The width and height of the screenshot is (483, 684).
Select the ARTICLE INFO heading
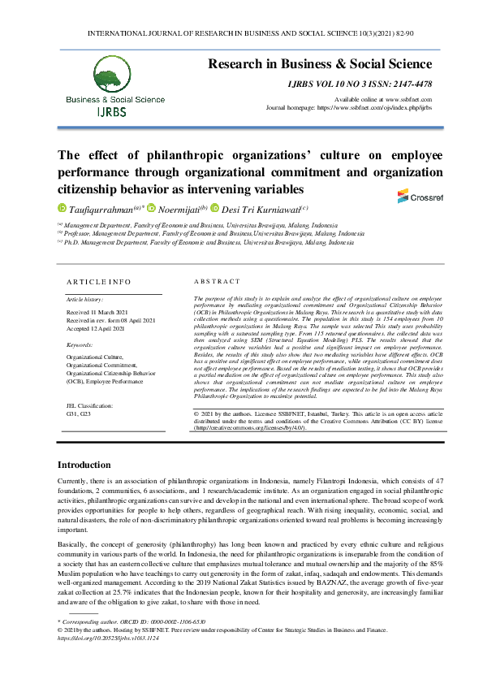click(x=98, y=282)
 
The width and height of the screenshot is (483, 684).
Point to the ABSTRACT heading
click(x=213, y=282)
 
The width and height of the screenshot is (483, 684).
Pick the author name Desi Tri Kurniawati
click(x=258, y=208)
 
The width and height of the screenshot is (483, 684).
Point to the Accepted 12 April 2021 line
click(x=95, y=327)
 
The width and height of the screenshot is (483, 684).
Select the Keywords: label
click(x=80, y=345)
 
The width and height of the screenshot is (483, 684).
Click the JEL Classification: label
click(x=90, y=405)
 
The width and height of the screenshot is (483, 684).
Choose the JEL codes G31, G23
click(x=80, y=413)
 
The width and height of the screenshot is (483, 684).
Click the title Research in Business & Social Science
click(x=321, y=63)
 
